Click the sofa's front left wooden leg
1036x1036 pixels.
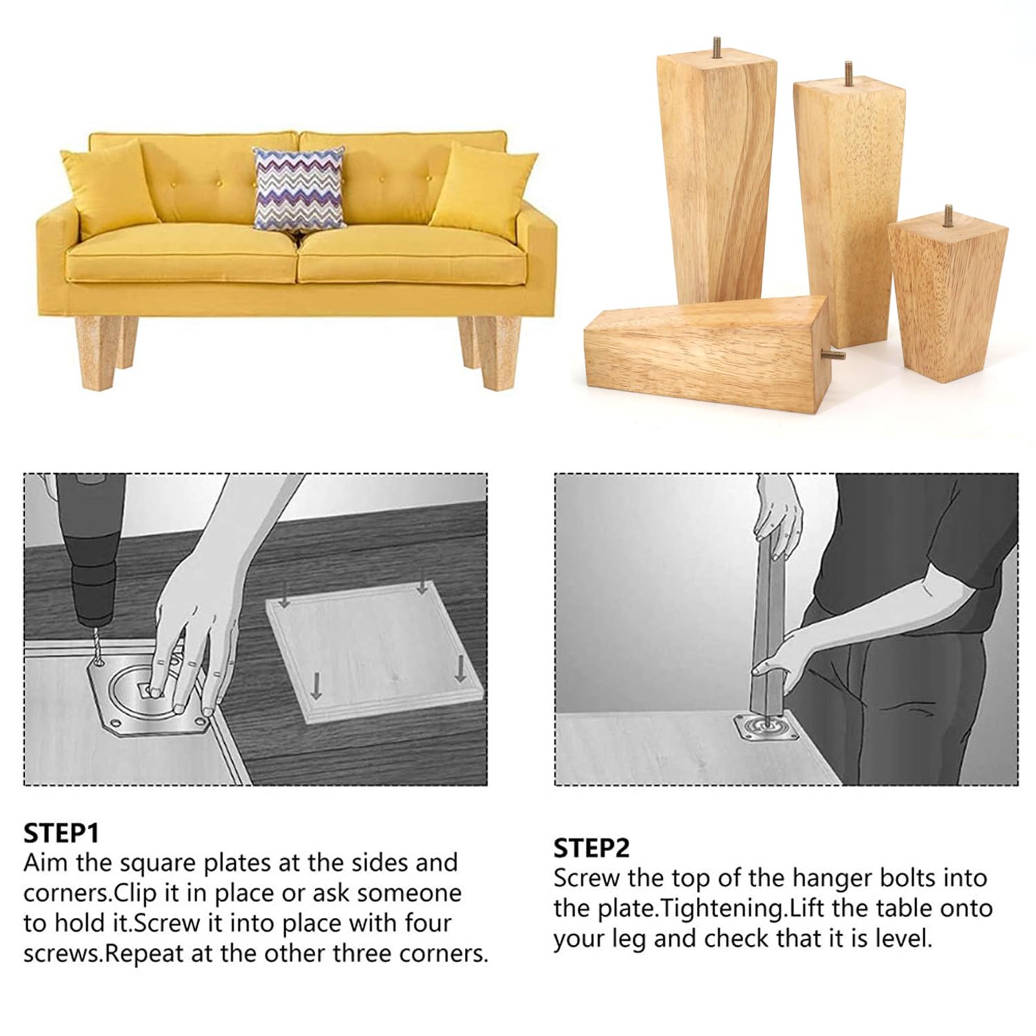95,351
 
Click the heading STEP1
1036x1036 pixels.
61,833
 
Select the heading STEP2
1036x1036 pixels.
591,848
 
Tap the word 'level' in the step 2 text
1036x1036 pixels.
901,939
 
